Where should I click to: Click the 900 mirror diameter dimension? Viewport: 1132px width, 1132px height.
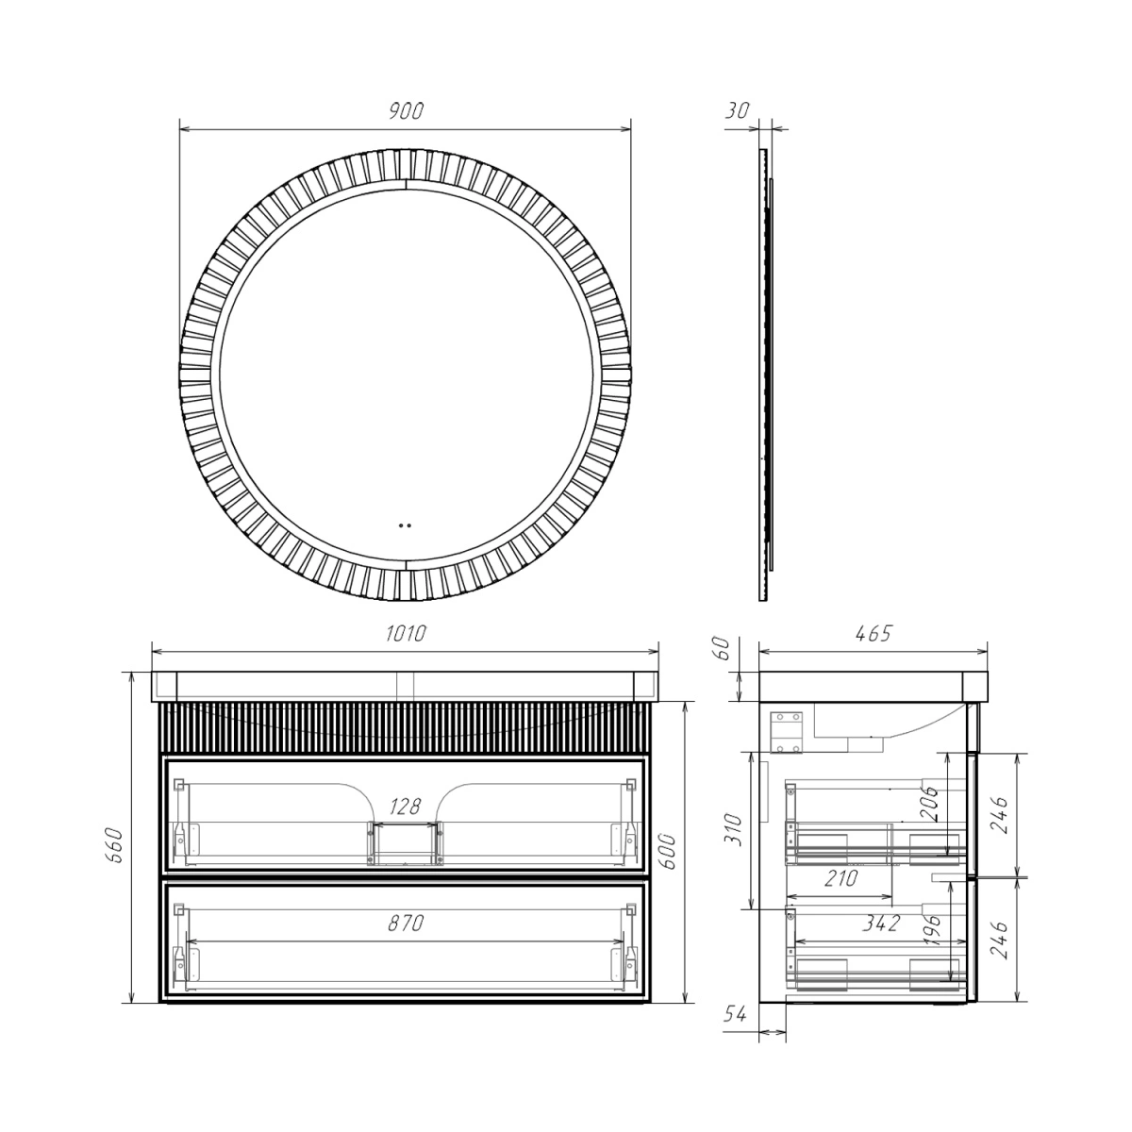click(x=406, y=111)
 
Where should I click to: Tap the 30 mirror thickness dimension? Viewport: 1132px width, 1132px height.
click(x=737, y=111)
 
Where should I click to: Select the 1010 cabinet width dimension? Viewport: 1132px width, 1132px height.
click(x=406, y=634)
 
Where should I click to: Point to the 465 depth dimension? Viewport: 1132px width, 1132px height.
click(x=874, y=633)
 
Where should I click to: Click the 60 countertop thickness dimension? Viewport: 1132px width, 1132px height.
click(x=724, y=648)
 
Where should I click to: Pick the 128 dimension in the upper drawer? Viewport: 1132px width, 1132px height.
click(x=406, y=806)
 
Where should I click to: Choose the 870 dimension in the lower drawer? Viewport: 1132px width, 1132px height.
click(x=406, y=924)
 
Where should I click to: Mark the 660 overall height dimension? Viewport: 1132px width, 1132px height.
click(x=114, y=846)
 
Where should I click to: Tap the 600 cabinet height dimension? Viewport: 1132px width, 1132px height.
click(x=670, y=852)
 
